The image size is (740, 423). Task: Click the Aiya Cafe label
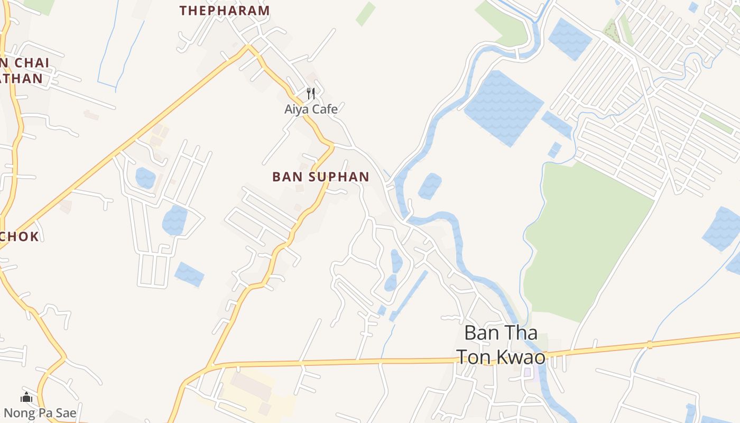[311, 109]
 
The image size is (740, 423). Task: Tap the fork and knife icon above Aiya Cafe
[311, 94]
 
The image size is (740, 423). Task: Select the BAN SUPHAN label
[320, 177]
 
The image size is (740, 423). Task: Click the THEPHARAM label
[225, 11]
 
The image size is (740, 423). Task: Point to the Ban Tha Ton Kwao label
[501, 345]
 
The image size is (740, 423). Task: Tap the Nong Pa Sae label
[40, 413]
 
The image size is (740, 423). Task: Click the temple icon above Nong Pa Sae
[26, 398]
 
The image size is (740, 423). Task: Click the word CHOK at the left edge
[20, 236]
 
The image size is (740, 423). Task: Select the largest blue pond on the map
[503, 107]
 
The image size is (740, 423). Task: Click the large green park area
[587, 238]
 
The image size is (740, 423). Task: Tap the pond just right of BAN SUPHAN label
[430, 186]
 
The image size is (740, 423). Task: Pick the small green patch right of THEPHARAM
[365, 14]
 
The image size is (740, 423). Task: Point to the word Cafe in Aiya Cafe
[324, 109]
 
